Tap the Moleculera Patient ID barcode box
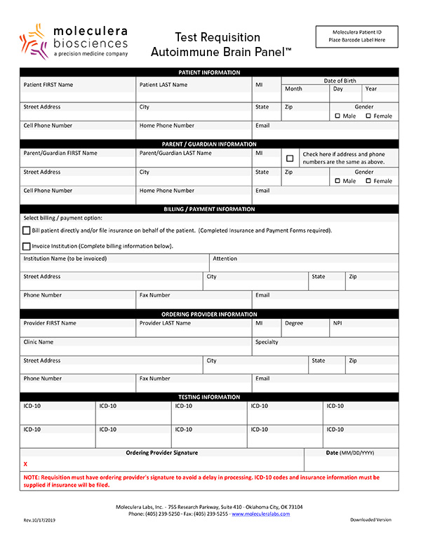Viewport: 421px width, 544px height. (356, 36)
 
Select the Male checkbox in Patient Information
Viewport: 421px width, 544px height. (338, 116)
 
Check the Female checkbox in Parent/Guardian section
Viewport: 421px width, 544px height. (368, 181)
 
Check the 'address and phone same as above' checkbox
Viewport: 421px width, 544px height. (290, 158)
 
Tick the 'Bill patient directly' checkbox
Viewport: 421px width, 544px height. (27, 231)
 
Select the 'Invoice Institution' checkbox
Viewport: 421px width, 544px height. (27, 246)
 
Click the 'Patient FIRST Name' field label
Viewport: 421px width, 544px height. (48, 85)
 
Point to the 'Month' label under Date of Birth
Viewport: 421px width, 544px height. (293, 89)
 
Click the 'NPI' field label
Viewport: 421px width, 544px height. (338, 323)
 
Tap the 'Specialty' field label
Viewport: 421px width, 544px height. (267, 342)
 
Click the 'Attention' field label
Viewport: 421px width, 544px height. (225, 259)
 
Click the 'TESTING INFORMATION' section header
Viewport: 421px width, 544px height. (209, 397)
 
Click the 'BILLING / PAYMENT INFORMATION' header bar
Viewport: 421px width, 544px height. (209, 209)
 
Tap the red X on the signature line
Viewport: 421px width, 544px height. (25, 464)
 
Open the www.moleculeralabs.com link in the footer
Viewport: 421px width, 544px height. (260, 514)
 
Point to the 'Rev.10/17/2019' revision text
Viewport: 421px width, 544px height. (40, 519)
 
